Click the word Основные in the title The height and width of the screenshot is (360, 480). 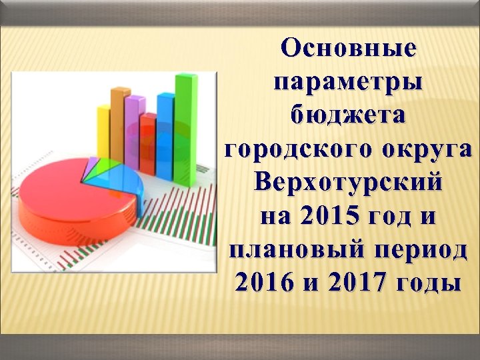348,49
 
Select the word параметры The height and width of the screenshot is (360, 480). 348,82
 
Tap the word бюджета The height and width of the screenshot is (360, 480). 348,115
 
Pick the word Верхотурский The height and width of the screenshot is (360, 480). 348,181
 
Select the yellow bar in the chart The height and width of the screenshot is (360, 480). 104,133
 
